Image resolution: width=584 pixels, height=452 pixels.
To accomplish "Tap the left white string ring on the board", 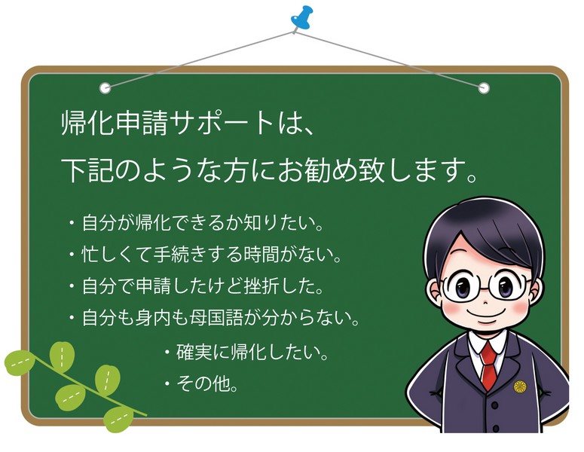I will coord(105,87).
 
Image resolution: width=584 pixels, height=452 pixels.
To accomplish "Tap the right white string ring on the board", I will coord(484,87).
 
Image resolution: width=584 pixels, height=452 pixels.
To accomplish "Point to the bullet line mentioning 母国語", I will coord(212,318).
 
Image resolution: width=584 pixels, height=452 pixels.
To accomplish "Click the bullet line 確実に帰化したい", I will coord(246,352).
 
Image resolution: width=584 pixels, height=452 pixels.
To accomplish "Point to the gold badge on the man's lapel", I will coord(521,386).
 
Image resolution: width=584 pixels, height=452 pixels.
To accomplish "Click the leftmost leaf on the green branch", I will coord(20,362).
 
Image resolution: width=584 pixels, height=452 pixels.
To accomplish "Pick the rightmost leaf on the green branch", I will coord(118,417).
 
